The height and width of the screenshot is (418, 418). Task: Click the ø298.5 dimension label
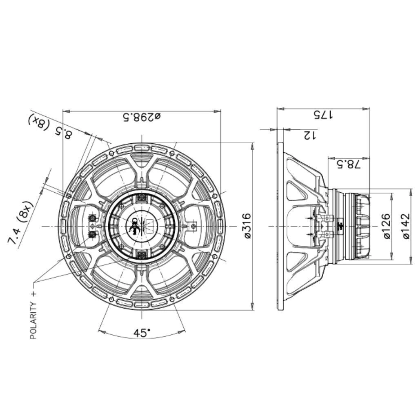(x=142, y=116)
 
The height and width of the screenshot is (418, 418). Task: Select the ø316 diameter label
(x=248, y=226)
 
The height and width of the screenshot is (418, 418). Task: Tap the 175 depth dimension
(x=323, y=115)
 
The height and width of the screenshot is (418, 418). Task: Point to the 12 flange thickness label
(x=309, y=135)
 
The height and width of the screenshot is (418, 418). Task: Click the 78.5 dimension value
(x=348, y=164)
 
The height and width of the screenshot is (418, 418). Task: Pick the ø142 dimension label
(x=406, y=226)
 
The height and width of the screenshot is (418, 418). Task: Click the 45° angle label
(x=142, y=333)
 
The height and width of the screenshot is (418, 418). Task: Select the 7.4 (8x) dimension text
(x=20, y=222)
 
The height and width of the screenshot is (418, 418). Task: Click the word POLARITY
(x=33, y=320)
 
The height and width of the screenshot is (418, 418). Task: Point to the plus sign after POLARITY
(x=33, y=294)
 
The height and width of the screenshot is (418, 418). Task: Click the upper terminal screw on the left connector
(x=93, y=218)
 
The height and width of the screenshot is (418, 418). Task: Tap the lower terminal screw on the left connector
(x=93, y=234)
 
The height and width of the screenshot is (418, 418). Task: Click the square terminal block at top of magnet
(x=142, y=197)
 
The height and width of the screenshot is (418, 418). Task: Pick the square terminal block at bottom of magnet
(x=142, y=255)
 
